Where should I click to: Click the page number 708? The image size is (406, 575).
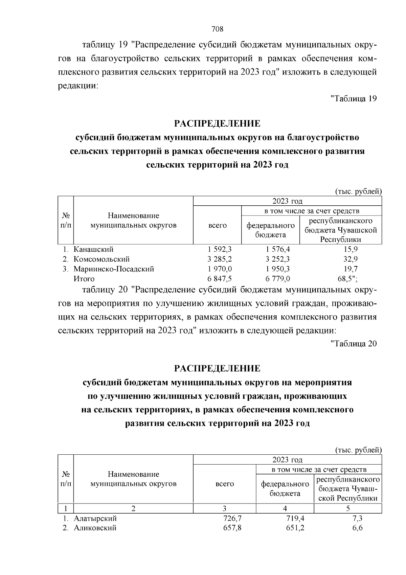tap(217, 29)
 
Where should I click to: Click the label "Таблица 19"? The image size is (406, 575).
tap(353, 99)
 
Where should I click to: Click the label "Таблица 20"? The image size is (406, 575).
tap(353, 344)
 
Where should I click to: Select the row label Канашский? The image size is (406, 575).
tap(93, 249)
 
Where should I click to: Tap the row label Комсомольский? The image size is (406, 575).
tap(101, 259)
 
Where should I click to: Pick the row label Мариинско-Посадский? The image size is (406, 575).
tap(114, 269)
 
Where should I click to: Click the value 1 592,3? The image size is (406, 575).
tap(220, 249)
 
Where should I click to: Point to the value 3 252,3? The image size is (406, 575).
tap(278, 259)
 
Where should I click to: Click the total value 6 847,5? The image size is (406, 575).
tap(220, 279)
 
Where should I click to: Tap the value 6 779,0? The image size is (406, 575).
tap(278, 279)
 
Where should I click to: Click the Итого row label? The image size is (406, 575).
tap(84, 279)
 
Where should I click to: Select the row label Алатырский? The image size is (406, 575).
tap(95, 518)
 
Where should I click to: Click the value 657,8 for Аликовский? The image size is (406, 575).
tap(232, 528)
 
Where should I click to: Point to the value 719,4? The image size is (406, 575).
tap(295, 518)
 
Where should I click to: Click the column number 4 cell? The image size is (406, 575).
tap(285, 508)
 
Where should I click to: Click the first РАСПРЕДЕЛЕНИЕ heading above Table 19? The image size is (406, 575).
tap(217, 123)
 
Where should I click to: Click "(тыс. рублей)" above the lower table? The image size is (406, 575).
tap(358, 450)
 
